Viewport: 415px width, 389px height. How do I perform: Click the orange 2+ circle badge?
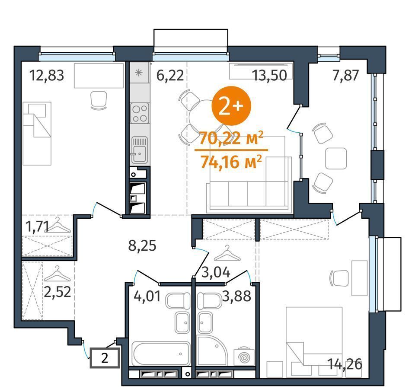231,106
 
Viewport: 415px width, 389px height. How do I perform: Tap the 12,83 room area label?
47,75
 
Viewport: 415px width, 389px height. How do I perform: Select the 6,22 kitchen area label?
170,75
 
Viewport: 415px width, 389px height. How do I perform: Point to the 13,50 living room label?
269,75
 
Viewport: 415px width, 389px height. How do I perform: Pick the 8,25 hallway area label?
142,246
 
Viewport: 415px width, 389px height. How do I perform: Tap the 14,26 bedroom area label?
345,364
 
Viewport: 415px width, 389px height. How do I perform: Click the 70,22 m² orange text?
231,138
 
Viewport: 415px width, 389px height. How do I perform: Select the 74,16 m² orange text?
231,162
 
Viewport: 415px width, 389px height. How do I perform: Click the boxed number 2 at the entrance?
105,358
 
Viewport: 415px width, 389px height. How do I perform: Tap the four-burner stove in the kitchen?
140,113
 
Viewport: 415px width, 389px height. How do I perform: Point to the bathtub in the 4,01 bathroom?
161,354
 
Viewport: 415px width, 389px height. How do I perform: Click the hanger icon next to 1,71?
57,225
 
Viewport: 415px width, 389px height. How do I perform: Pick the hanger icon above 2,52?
57,274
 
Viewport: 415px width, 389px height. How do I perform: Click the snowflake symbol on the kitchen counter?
139,73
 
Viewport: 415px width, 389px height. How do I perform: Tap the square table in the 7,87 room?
336,158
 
